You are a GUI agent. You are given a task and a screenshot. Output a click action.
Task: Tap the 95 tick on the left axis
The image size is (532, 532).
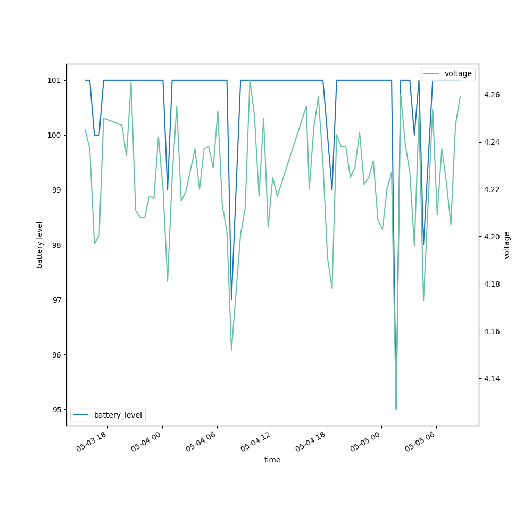coord(57,409)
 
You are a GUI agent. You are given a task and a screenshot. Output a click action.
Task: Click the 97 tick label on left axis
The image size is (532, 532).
coord(57,300)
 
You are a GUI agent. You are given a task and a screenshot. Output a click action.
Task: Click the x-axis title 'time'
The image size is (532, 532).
coord(272,460)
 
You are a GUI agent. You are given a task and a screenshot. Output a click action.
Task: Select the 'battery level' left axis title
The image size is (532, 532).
coord(39,245)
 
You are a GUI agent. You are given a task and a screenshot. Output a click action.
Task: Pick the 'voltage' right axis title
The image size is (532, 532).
coord(507,245)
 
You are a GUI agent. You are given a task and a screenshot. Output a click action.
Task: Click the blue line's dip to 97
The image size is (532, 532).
coord(231,300)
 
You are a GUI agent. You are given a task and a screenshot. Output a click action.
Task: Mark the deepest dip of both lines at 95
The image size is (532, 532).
coord(396,409)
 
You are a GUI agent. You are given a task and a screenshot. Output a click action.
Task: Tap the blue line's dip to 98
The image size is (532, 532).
coord(423,245)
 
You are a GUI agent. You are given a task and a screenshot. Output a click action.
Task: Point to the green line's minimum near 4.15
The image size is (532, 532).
coord(231,350)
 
